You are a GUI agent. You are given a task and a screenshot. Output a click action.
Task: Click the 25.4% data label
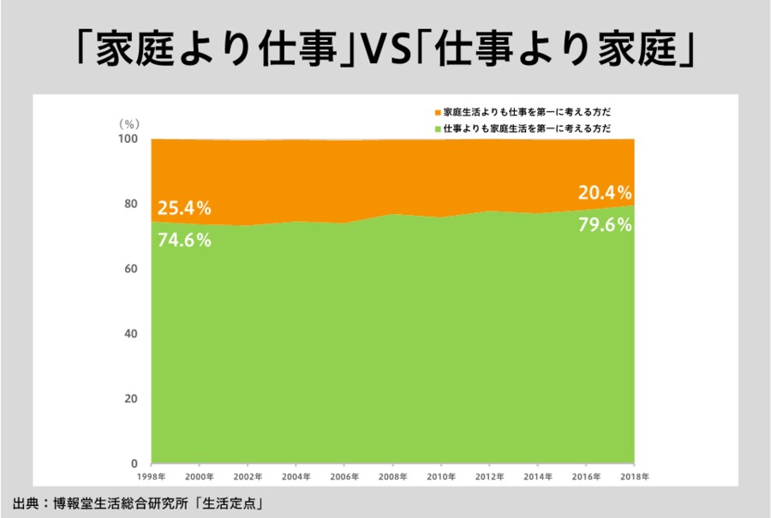pyautogui.click(x=184, y=207)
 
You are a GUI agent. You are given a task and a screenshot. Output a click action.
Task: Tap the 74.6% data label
pyautogui.click(x=184, y=240)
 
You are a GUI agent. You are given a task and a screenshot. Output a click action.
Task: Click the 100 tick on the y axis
pyautogui.click(x=128, y=139)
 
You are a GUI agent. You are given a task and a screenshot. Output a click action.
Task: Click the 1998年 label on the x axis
pyautogui.click(x=152, y=476)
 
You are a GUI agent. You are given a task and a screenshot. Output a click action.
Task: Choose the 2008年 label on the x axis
pyautogui.click(x=393, y=476)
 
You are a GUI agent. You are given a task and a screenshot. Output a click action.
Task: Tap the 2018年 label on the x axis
pyautogui.click(x=635, y=476)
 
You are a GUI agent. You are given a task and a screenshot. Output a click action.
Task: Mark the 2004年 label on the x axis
pyautogui.click(x=296, y=476)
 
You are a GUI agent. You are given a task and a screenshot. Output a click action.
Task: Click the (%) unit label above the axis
pyautogui.click(x=128, y=123)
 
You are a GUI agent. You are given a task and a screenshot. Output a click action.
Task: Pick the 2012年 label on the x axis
pyautogui.click(x=490, y=476)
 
